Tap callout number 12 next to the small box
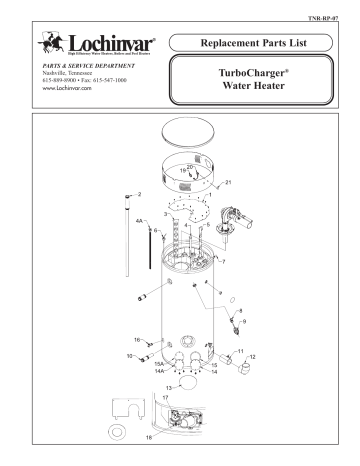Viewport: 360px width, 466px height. click(x=252, y=356)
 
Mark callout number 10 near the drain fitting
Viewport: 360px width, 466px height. click(x=129, y=356)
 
